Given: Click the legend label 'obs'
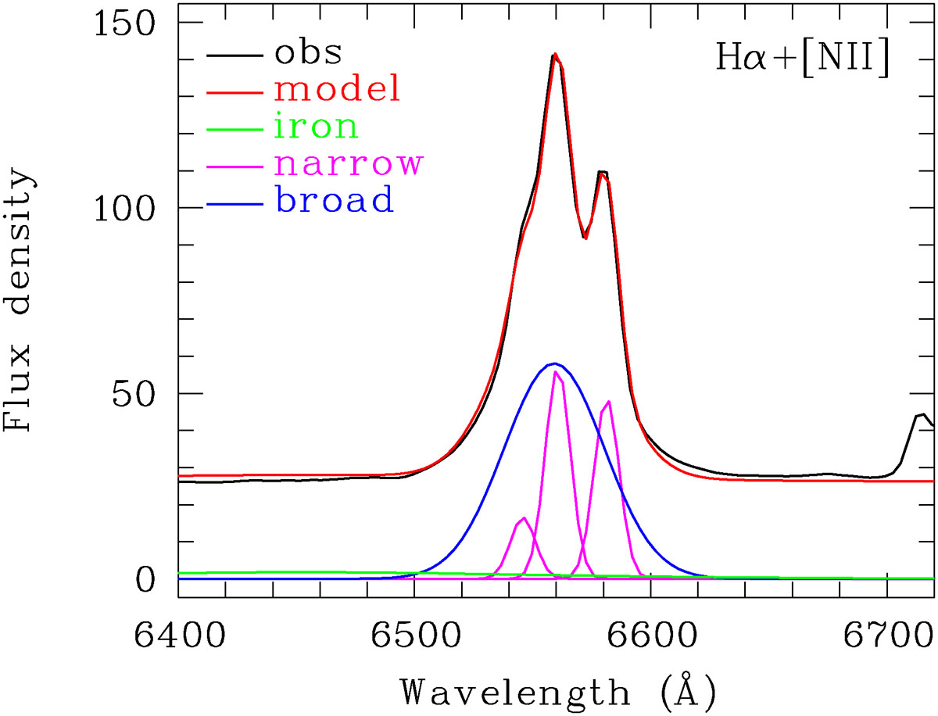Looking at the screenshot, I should coord(308,53).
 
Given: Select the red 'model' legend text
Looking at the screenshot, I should coord(338,90).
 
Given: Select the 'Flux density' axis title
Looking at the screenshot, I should coord(20,301).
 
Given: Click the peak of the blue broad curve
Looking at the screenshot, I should coord(554,363).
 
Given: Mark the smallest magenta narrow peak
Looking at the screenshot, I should coord(523,518).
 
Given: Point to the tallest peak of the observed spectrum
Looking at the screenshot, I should coord(554,55).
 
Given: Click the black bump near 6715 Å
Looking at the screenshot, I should coord(922,415).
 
